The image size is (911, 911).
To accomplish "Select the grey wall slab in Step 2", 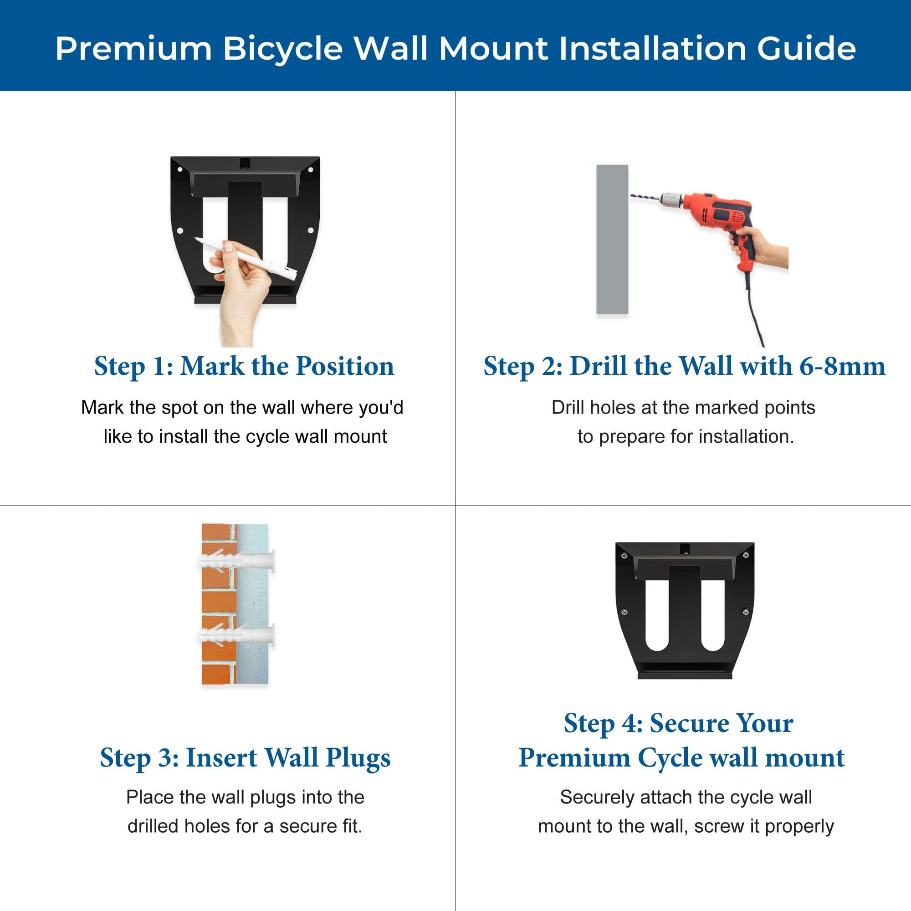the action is (612, 239).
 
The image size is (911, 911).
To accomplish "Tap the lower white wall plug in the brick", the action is (236, 635).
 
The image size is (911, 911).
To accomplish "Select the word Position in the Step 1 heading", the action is (345, 366).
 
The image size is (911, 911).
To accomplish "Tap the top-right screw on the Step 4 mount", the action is (746, 555).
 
